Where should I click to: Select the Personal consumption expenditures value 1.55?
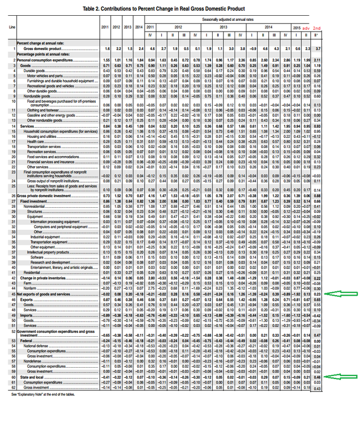tap(105, 59)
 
